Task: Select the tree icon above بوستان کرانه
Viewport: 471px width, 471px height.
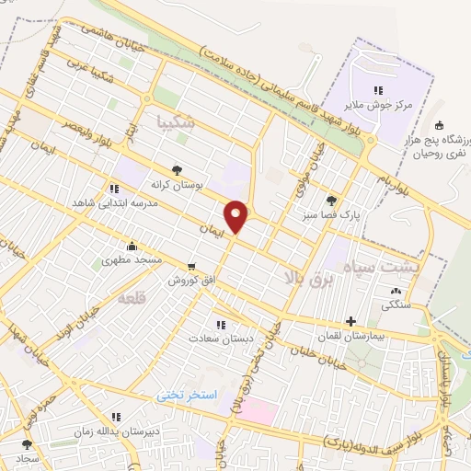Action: pyautogui.click(x=177, y=170)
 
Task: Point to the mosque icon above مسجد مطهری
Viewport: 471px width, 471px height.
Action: pyautogui.click(x=133, y=245)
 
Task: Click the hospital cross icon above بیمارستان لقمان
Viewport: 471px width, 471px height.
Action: pyautogui.click(x=350, y=321)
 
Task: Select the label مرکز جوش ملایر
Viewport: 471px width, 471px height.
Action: pyautogui.click(x=375, y=106)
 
